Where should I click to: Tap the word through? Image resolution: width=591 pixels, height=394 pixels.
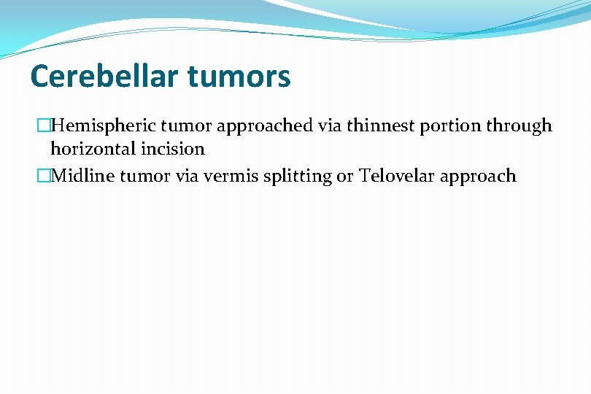(519, 126)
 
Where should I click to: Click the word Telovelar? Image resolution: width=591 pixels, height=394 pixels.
(395, 176)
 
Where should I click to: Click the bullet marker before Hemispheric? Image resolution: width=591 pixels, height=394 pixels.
(43, 126)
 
